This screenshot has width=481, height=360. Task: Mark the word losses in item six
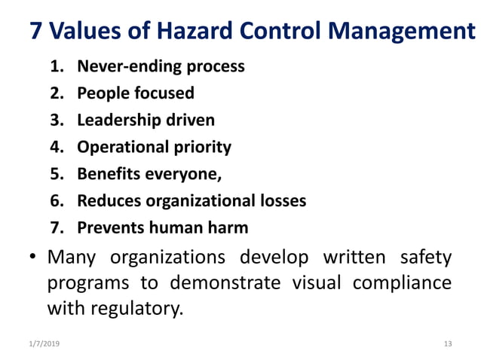[282, 200]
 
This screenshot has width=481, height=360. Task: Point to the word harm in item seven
[228, 227]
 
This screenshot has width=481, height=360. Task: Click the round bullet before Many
[34, 258]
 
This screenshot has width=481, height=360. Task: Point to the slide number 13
[448, 343]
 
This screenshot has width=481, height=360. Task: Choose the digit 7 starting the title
[35, 32]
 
